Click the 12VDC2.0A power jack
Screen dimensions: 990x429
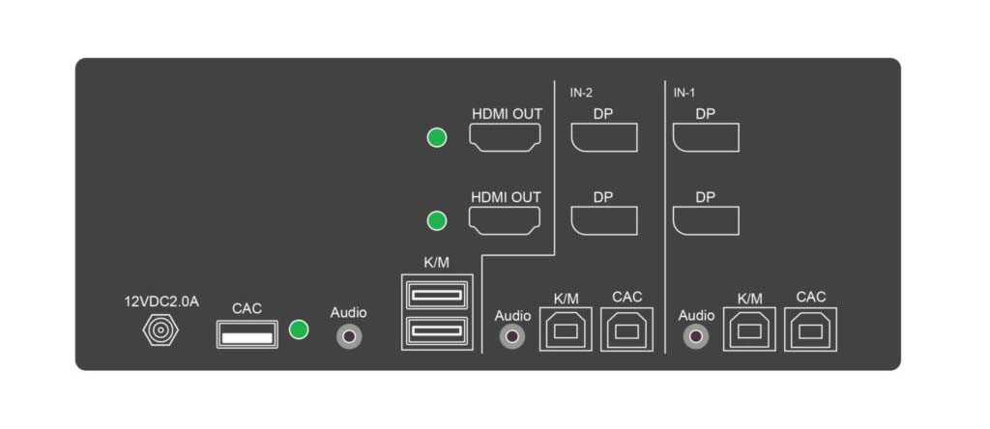161,330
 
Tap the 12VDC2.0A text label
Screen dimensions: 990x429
161,301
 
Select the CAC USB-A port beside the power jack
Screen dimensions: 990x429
247,333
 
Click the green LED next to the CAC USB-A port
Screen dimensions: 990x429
299,329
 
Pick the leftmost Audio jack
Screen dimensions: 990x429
349,336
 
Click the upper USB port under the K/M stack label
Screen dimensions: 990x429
437,295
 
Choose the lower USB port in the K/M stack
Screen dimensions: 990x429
437,331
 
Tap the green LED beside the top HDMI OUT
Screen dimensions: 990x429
436,137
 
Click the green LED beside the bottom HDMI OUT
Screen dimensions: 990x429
436,221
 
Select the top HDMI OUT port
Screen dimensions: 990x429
505,137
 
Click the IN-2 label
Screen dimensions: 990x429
581,93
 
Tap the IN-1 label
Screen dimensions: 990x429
684,93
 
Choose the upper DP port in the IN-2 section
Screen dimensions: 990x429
604,137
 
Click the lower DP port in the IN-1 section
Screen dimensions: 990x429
706,221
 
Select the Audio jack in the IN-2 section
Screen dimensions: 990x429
512,336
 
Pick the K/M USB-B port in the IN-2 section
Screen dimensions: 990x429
565,329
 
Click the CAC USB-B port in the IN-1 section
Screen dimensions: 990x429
811,329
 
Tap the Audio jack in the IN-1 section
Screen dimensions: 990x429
696,336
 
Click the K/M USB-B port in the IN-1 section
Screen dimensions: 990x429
749,329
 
